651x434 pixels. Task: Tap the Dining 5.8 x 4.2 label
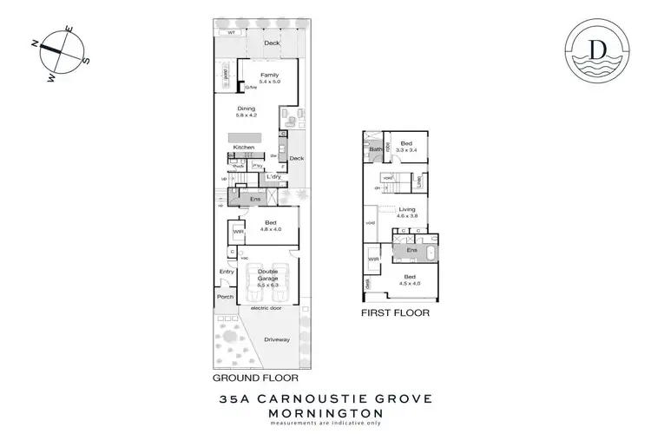coord(247,109)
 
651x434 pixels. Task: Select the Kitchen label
coord(244,148)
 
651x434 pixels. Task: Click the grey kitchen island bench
coord(246,137)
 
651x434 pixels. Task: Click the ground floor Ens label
coord(254,200)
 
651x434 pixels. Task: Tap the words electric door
coord(267,308)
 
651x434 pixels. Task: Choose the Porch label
coord(226,297)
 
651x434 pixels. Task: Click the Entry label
coord(227,272)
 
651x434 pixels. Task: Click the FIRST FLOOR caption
coord(396,312)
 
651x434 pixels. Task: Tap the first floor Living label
coord(407,209)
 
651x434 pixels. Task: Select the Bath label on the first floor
coord(376,149)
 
